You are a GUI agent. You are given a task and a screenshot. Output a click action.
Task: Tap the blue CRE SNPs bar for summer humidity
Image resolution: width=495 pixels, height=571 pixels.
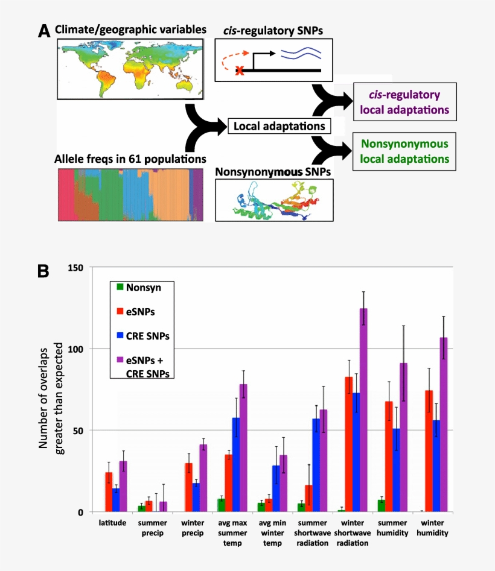tap(396, 470)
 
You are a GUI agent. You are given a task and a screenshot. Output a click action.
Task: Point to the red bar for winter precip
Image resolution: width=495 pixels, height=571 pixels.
tap(188, 487)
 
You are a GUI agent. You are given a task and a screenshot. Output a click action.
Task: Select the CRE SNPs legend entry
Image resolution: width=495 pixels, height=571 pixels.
tap(144, 335)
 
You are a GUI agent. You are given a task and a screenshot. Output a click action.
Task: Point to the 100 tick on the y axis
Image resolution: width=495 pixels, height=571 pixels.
tap(77, 349)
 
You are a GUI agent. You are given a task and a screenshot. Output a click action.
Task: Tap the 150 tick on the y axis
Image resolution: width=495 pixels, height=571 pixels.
tap(77, 267)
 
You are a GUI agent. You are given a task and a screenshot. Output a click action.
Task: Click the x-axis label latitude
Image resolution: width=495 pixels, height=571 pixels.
tap(112, 522)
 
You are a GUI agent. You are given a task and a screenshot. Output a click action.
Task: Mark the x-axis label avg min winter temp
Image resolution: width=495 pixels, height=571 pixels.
tap(271, 528)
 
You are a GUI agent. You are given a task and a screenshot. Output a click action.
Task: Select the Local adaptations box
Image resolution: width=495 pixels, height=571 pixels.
tap(279, 126)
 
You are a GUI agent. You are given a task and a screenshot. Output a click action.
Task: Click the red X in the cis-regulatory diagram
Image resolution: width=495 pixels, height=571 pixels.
tap(240, 71)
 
